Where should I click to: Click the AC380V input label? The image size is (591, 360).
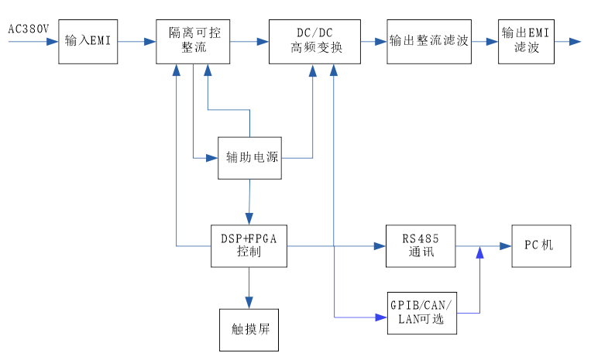[x=29, y=29]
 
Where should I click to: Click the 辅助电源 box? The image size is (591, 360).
[x=249, y=158]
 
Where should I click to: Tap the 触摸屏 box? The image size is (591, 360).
[x=249, y=328]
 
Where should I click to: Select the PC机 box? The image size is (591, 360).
[x=541, y=246]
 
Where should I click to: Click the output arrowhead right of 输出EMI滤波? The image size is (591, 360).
[x=574, y=42]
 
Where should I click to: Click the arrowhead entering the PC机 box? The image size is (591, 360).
[x=506, y=246]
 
